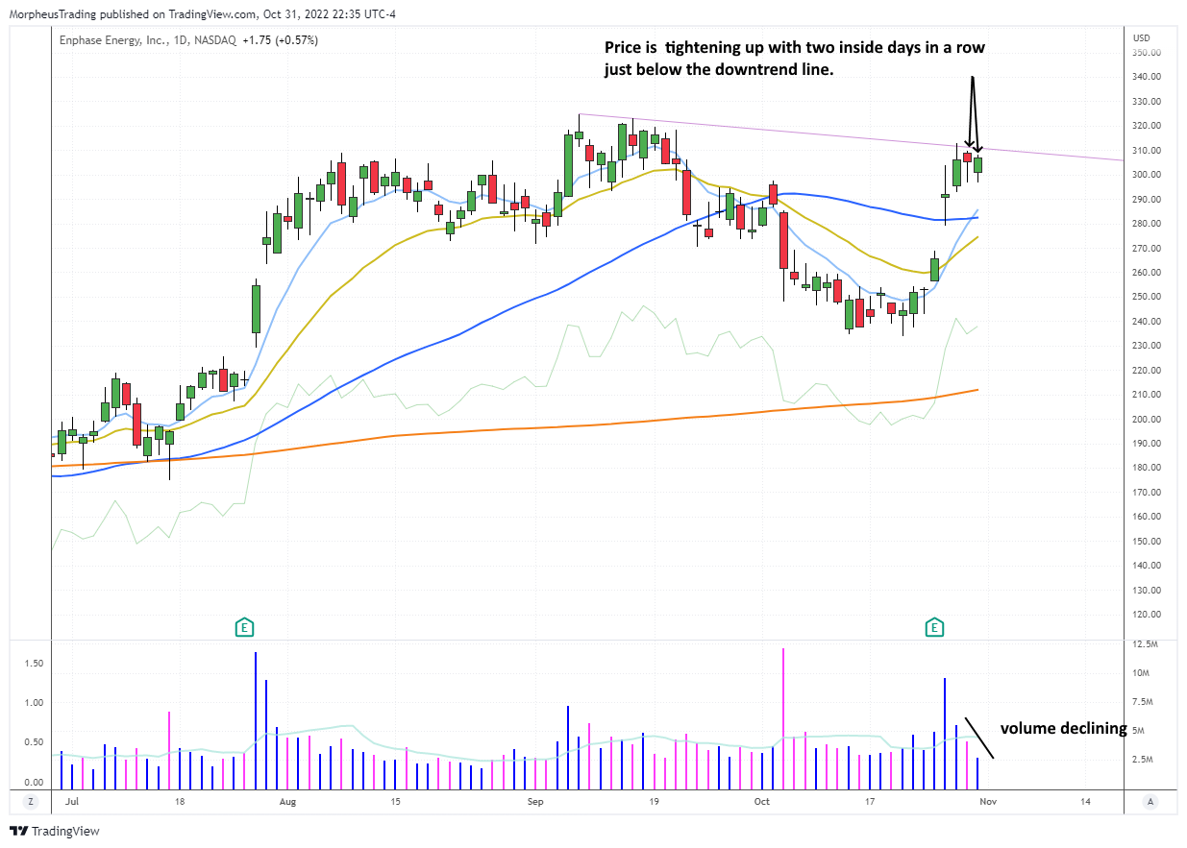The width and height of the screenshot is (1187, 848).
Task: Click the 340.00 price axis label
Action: (x=1146, y=77)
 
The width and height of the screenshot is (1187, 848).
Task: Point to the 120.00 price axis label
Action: (x=1146, y=615)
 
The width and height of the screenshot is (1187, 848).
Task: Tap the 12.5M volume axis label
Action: (x=1146, y=643)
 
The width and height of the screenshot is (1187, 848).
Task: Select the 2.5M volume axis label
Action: (x=1144, y=760)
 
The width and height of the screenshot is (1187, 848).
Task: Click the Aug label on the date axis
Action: (x=286, y=800)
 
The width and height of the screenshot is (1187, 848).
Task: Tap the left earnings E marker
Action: (x=245, y=628)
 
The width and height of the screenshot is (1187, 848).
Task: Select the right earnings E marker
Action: (x=934, y=628)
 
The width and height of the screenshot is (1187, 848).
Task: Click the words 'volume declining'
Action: (x=1063, y=729)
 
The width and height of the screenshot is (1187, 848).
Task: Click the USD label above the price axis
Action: (x=1142, y=38)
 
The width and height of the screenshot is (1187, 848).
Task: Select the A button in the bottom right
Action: (x=1150, y=801)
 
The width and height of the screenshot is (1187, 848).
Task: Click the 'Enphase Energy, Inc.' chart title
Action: (x=106, y=40)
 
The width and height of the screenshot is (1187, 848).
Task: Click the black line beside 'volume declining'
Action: (x=979, y=738)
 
